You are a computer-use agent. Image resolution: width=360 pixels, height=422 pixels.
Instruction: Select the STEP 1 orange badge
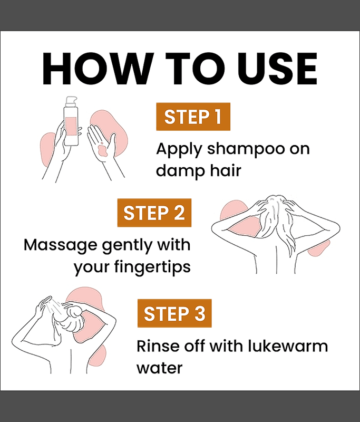coord(193,117)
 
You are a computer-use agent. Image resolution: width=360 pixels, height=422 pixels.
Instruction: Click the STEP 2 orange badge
coord(154,213)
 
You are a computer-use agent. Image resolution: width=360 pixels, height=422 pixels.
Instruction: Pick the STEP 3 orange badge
coord(174,313)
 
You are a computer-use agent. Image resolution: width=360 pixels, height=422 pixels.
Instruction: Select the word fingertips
coord(152,267)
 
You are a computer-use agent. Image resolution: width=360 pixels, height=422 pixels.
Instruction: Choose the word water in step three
coord(160,368)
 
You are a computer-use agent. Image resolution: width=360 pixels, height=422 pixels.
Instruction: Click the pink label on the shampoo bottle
coord(71,127)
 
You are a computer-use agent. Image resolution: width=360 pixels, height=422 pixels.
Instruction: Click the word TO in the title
coord(196,69)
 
